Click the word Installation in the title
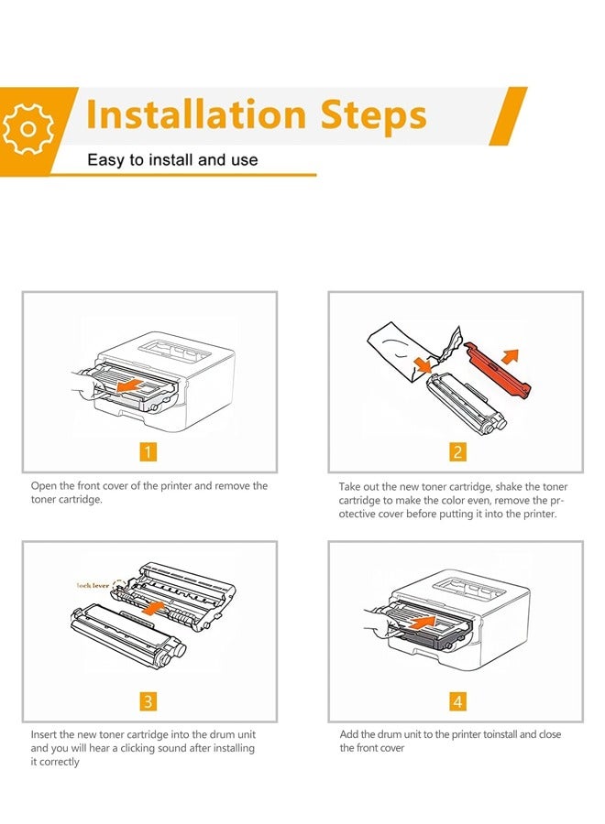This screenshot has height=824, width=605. tap(195, 114)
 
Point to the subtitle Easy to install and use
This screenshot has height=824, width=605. tap(172, 159)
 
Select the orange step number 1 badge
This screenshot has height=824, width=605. tap(148, 451)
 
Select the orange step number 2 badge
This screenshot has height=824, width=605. tap(457, 451)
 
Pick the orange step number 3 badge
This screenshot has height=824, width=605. tap(148, 701)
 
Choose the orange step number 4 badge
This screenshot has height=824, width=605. tap(457, 701)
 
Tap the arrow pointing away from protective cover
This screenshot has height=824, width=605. tap(510, 356)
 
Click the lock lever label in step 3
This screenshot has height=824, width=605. tap(93, 585)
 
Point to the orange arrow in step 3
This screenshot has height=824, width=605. tap(153, 608)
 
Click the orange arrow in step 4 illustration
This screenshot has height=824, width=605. tap(423, 623)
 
